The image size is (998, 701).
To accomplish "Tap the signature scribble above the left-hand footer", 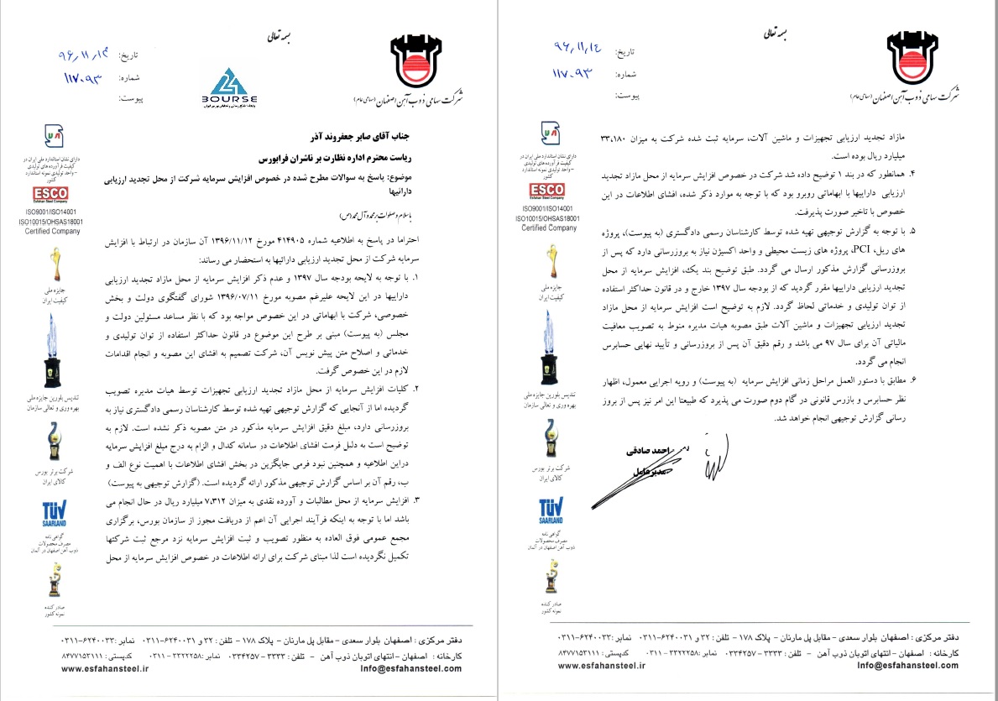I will [713, 458].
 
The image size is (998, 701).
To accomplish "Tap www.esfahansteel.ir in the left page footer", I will [105, 669].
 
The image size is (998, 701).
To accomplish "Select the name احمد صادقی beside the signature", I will [647, 451].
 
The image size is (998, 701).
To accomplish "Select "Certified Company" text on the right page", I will [549, 228].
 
